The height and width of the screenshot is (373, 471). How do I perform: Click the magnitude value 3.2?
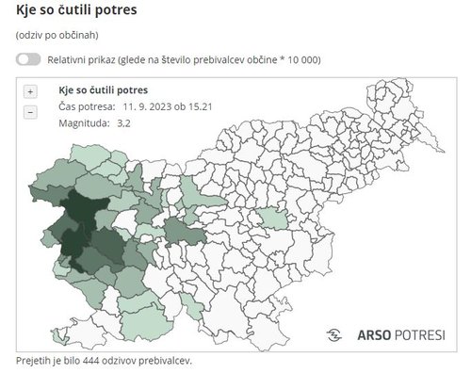point(124,122)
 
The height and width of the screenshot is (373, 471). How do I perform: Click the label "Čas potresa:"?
point(88,106)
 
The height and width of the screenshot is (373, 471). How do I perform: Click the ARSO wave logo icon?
point(334,334)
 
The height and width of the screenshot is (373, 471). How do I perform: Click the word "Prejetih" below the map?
point(35,362)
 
